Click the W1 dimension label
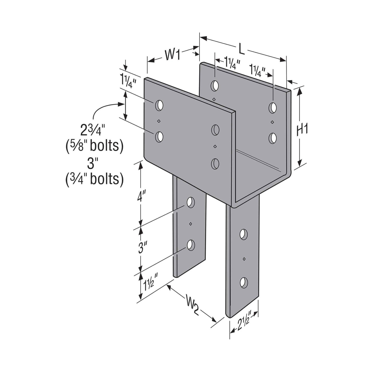172,55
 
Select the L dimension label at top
241,49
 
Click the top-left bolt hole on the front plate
159,105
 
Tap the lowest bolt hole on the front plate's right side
215,163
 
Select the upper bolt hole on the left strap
191,203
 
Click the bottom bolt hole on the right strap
243,282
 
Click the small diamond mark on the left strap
191,224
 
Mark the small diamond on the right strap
244,258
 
